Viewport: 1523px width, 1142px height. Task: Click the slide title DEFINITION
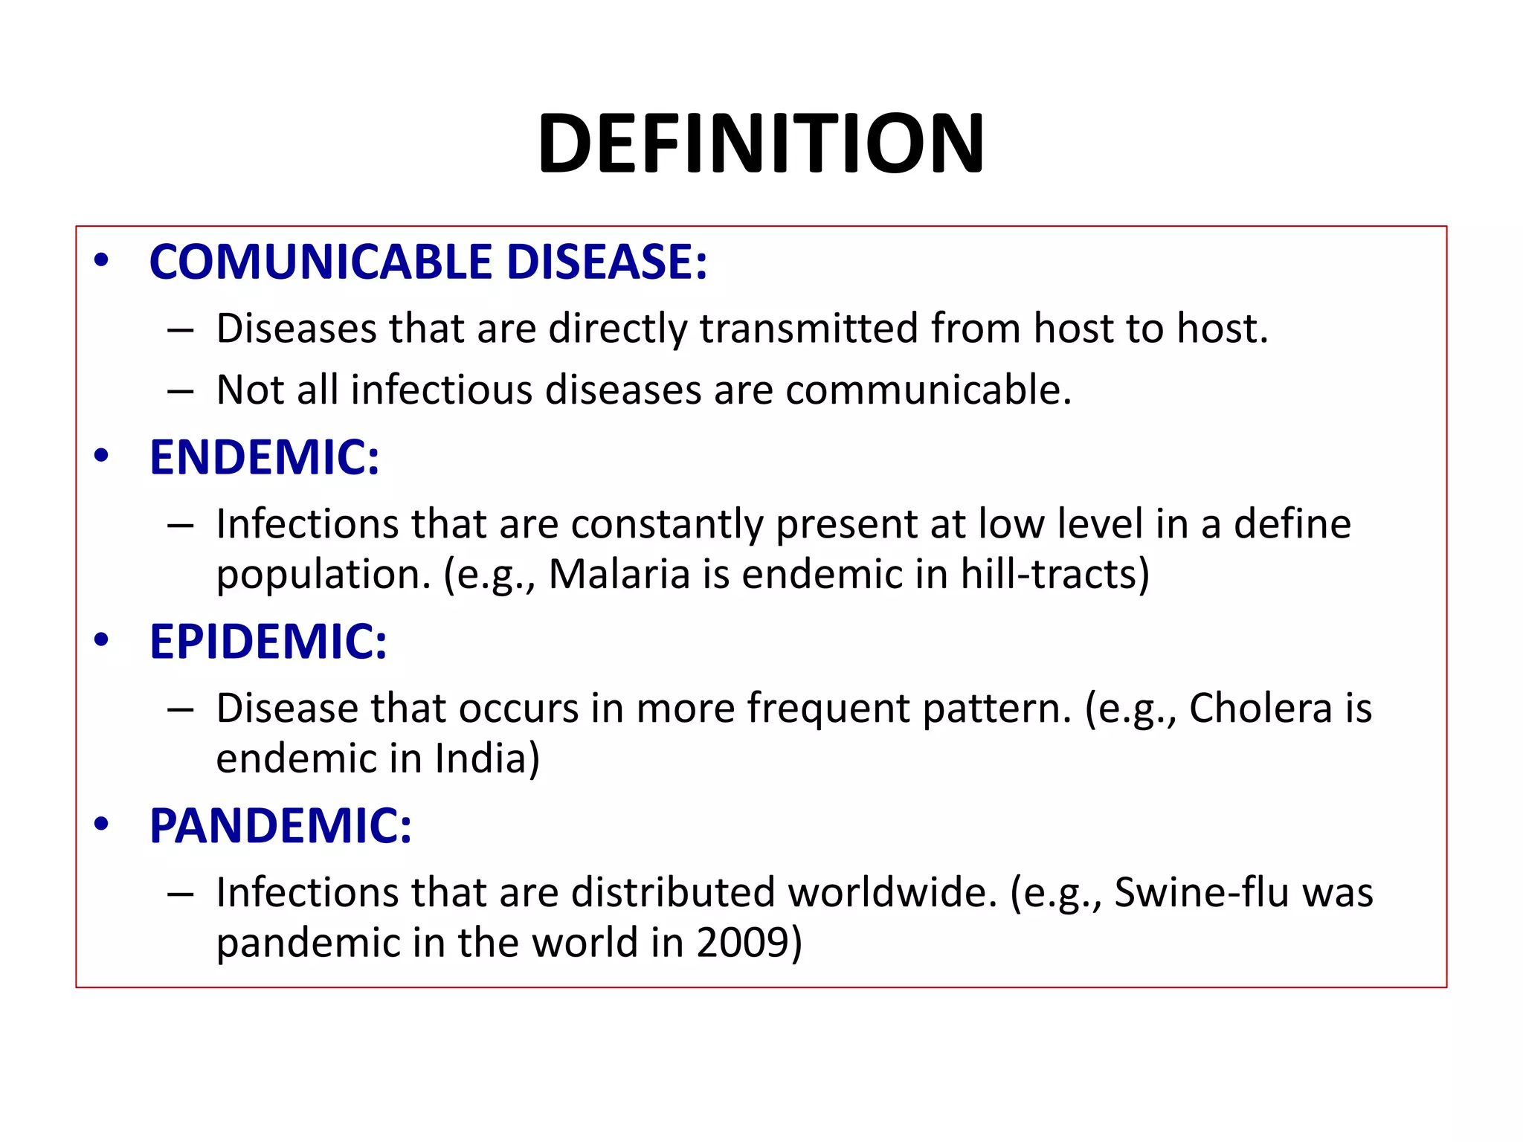click(761, 143)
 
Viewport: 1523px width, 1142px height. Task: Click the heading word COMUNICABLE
click(321, 262)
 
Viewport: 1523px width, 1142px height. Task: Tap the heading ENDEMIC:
click(264, 457)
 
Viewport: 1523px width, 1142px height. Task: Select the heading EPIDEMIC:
click(268, 642)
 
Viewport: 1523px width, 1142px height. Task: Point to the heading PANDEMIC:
click(280, 826)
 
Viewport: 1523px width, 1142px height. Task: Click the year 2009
click(743, 943)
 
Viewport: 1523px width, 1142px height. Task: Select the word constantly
click(666, 524)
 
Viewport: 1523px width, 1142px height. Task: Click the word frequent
click(828, 708)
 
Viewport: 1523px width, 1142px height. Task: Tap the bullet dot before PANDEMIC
click(102, 824)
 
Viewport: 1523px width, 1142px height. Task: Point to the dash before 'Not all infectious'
click(180, 390)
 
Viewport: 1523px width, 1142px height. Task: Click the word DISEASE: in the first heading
click(607, 262)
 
